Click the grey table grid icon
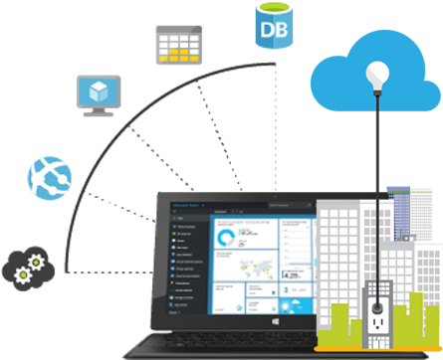[177, 45]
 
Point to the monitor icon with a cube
[99, 93]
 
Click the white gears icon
[26, 266]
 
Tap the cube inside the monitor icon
[99, 90]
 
